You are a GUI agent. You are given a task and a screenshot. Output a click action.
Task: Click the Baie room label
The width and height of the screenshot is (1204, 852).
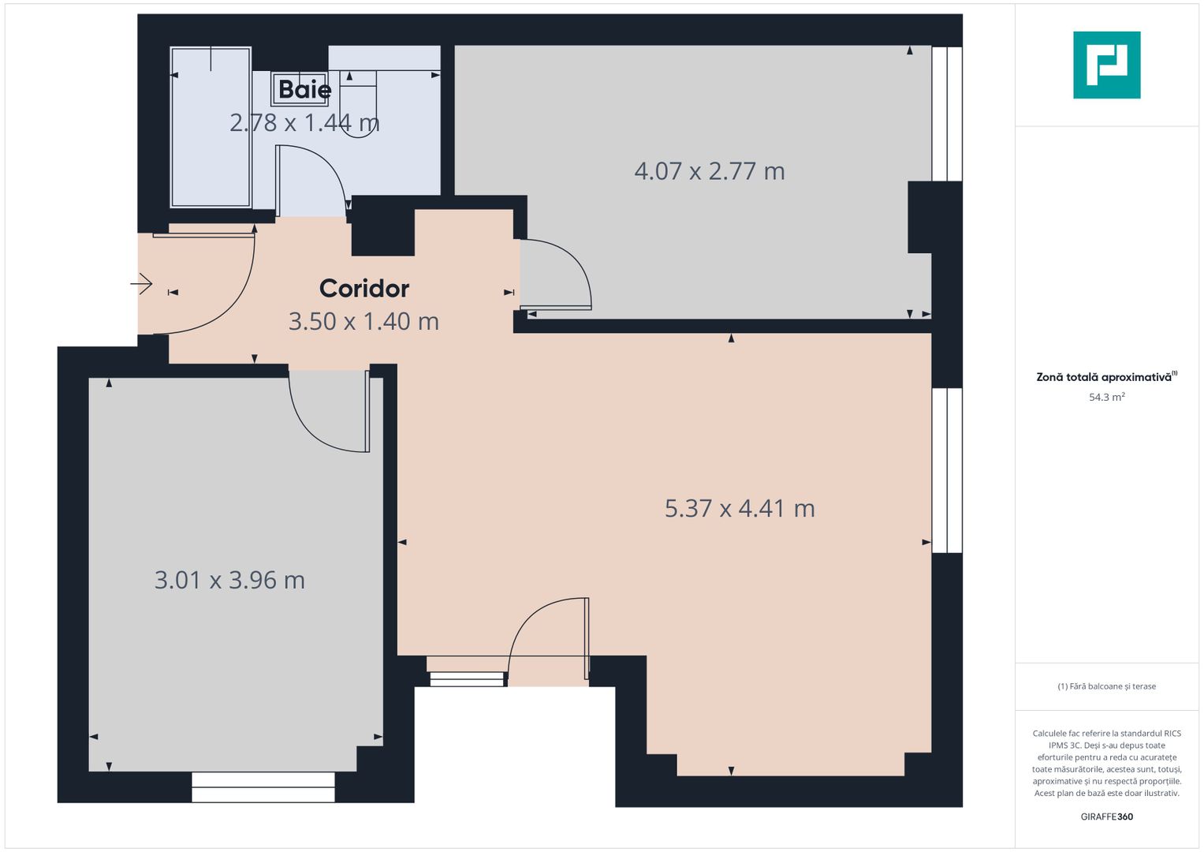pyautogui.click(x=304, y=89)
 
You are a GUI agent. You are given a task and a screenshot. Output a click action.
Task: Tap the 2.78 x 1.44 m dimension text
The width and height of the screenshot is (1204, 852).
pyautogui.click(x=304, y=122)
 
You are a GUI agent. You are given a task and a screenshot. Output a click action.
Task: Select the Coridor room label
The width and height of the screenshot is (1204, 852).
pyautogui.click(x=363, y=289)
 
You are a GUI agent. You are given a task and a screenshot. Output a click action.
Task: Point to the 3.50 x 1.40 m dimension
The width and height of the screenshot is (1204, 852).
pyautogui.click(x=363, y=322)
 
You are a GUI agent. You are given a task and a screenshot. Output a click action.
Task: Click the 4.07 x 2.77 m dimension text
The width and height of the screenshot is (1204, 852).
pyautogui.click(x=709, y=171)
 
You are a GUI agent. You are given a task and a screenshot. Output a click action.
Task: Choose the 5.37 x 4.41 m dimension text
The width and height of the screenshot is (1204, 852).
pyautogui.click(x=739, y=509)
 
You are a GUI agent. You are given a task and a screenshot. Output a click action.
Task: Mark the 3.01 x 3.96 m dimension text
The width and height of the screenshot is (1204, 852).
pyautogui.click(x=229, y=581)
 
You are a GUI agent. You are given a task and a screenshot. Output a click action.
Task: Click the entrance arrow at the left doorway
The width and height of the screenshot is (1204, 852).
pyautogui.click(x=142, y=283)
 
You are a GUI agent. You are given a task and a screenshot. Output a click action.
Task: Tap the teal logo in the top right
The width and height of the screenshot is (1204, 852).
pyautogui.click(x=1106, y=65)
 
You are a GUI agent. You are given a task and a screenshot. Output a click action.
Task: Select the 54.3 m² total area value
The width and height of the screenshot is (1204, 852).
pyautogui.click(x=1106, y=398)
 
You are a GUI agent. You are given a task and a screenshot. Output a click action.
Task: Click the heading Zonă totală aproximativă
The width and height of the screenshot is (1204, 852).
pyautogui.click(x=1105, y=377)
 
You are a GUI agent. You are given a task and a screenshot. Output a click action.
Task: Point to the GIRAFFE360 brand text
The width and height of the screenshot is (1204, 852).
pyautogui.click(x=1106, y=816)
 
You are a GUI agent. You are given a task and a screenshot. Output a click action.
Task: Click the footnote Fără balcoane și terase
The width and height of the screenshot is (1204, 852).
pyautogui.click(x=1106, y=686)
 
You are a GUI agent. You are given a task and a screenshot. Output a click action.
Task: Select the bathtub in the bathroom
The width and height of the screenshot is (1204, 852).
pyautogui.click(x=211, y=126)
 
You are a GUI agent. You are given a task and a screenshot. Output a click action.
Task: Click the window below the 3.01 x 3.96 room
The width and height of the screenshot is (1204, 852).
pyautogui.click(x=263, y=787)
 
